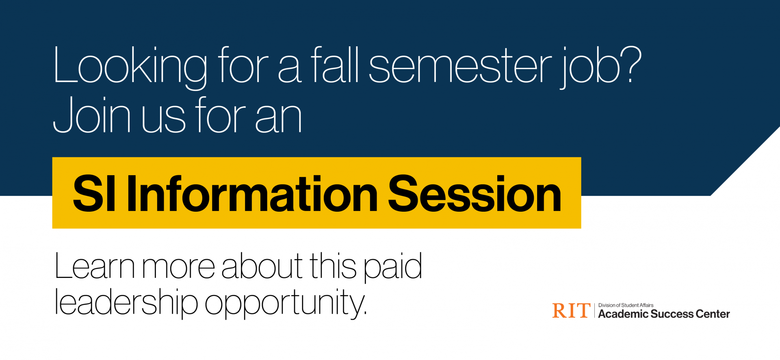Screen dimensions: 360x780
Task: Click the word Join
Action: [x=92, y=116]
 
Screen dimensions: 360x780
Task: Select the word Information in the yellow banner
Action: [x=252, y=194]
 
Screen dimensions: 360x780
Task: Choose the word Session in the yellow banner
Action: [x=474, y=194]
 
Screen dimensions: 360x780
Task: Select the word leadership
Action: [x=126, y=303]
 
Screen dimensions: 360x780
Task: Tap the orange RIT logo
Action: [x=571, y=311]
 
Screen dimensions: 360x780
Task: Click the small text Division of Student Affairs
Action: [x=626, y=305]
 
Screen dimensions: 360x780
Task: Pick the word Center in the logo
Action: [x=713, y=314]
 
